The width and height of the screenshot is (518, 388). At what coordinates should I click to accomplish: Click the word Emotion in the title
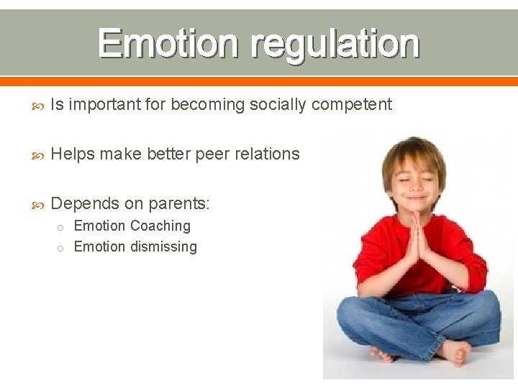[169, 44]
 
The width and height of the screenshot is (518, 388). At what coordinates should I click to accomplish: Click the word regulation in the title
[335, 45]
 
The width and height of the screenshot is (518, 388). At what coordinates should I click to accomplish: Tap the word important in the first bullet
[104, 105]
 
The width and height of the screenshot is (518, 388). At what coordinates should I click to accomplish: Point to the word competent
[352, 105]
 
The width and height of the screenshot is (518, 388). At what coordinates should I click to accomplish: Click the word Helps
[73, 154]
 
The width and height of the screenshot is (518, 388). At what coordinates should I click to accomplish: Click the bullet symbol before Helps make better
[39, 154]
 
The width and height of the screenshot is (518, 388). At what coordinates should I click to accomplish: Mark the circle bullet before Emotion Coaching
[61, 227]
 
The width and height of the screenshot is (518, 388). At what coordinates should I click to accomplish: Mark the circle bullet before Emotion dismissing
[61, 248]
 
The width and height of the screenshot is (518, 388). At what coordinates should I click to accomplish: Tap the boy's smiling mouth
[416, 195]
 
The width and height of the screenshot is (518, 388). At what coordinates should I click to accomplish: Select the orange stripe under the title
[259, 81]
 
